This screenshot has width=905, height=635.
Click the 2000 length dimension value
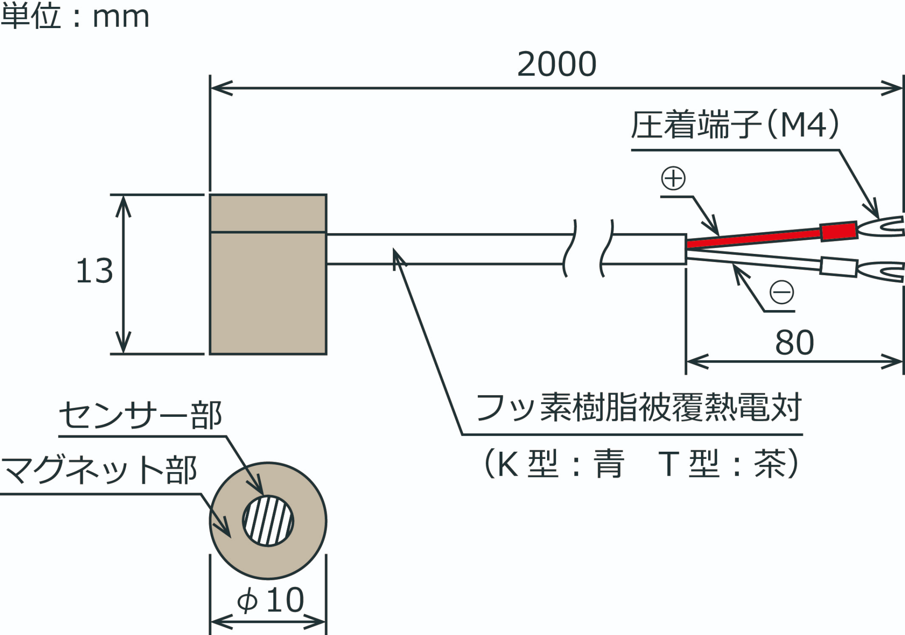557,64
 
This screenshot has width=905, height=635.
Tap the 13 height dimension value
95,271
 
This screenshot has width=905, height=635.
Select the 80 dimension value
795,343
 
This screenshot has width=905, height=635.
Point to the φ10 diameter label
271,600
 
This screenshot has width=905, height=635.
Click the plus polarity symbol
673,178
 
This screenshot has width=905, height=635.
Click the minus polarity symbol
781,292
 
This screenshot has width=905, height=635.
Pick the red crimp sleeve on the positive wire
838,231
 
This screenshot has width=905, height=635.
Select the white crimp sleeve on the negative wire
838,267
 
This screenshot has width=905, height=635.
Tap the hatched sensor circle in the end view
268,520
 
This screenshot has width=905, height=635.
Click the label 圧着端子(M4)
735,125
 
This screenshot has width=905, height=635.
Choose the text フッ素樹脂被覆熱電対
639,407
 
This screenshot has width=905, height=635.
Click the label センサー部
140,415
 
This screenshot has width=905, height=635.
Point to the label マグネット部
99,470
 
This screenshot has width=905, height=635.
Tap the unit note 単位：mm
75,16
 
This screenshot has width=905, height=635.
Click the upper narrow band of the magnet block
268,213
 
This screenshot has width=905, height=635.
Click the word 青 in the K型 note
610,464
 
